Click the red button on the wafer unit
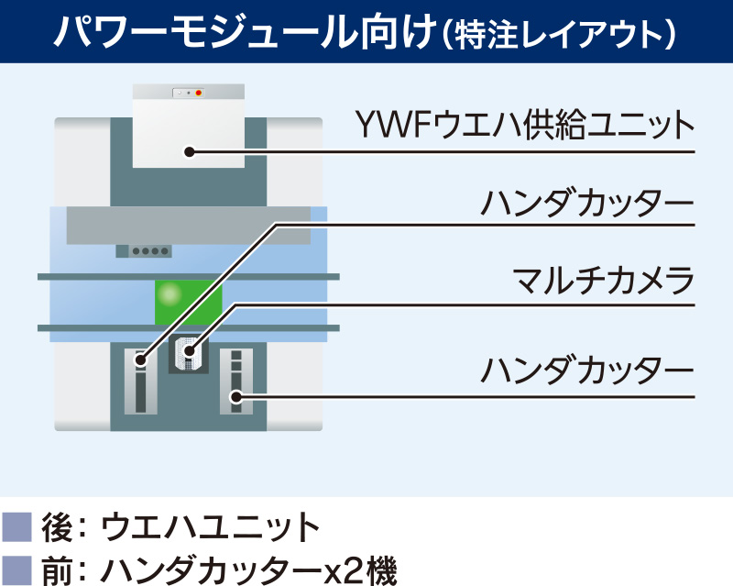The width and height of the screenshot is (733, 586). [x=199, y=93]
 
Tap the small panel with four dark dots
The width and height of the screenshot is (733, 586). [x=143, y=250]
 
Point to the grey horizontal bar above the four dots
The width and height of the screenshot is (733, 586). [x=188, y=226]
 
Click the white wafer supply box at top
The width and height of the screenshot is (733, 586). [x=189, y=128]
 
